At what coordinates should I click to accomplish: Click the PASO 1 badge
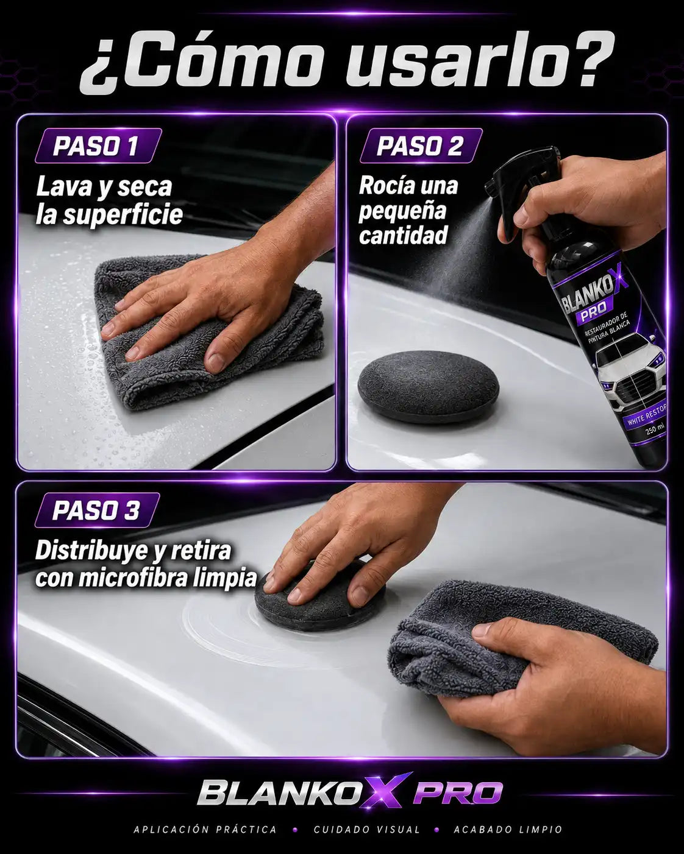pyautogui.click(x=98, y=146)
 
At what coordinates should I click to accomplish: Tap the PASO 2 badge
pyautogui.click(x=421, y=146)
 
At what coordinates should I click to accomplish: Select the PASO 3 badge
pyautogui.click(x=98, y=510)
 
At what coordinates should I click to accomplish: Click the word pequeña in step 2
pyautogui.click(x=402, y=211)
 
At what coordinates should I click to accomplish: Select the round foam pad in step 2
pyautogui.click(x=428, y=386)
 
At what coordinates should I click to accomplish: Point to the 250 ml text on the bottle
pyautogui.click(x=655, y=429)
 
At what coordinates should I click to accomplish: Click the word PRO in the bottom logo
pyautogui.click(x=458, y=793)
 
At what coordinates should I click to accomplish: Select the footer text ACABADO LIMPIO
pyautogui.click(x=508, y=830)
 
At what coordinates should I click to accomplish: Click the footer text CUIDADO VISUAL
pyautogui.click(x=366, y=830)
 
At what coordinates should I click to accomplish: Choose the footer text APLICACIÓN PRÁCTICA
pyautogui.click(x=205, y=830)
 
